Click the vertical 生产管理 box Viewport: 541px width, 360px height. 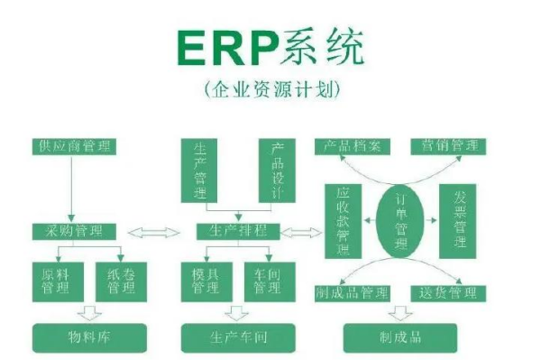200,170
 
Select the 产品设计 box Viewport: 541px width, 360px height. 278,170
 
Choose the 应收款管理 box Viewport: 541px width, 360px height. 343,218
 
